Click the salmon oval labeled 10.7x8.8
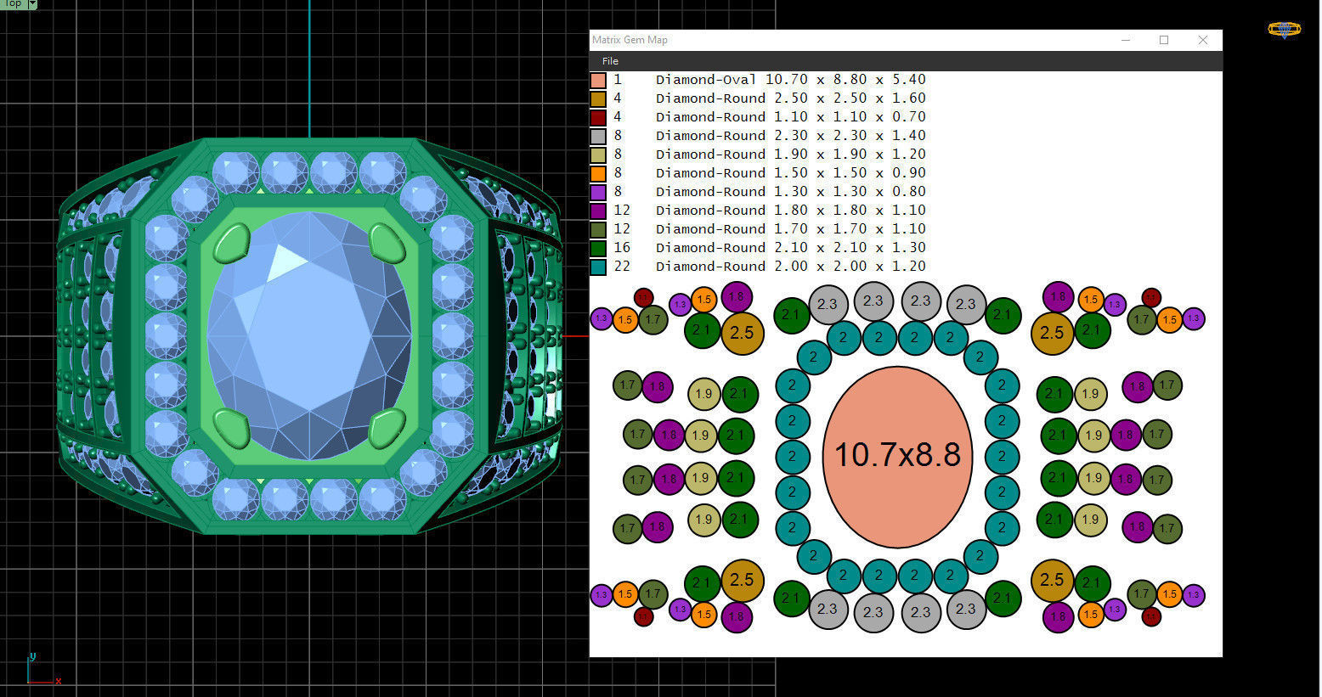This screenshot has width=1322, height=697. click(x=897, y=456)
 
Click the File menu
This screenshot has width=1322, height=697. click(x=610, y=61)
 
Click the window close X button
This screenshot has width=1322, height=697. click(x=1202, y=40)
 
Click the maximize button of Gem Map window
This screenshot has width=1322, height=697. click(x=1164, y=40)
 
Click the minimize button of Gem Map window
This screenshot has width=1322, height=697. click(x=1126, y=40)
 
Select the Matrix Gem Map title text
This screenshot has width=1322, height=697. click(x=630, y=40)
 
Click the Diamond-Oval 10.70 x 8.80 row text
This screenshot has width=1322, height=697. click(x=790, y=80)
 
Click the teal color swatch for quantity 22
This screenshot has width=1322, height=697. click(x=598, y=267)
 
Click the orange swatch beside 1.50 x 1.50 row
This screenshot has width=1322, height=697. click(x=598, y=173)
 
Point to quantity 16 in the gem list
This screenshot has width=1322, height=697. click(x=622, y=248)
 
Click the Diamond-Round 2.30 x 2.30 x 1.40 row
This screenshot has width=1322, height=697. click(x=790, y=136)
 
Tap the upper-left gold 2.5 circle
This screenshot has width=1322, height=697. click(x=742, y=332)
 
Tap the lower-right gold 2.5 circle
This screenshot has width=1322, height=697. click(x=1052, y=580)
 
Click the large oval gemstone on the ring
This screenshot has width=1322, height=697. click(x=309, y=335)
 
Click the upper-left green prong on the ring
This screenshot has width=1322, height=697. click(x=232, y=244)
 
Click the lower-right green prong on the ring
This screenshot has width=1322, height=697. click(x=387, y=427)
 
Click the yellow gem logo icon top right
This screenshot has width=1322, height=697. click(x=1284, y=30)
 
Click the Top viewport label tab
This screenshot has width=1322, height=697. click(x=14, y=3)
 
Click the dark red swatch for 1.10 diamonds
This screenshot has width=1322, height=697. click(x=598, y=117)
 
